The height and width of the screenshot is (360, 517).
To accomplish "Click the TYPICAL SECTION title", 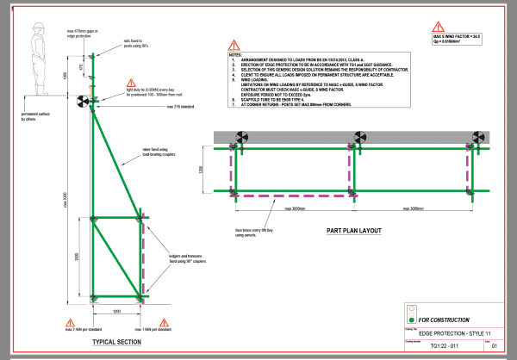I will tap(116, 342).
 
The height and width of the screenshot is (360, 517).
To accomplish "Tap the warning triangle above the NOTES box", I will tap(234, 45).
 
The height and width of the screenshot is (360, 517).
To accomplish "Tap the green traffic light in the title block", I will tap(414, 317).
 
